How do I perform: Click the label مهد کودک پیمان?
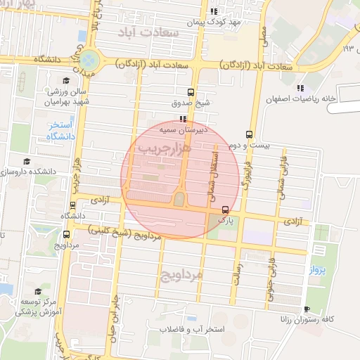214,22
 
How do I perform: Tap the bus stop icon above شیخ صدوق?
191,92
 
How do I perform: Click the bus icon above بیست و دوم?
250,134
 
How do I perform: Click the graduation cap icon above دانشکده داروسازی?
27,162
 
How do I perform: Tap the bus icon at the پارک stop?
225,210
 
